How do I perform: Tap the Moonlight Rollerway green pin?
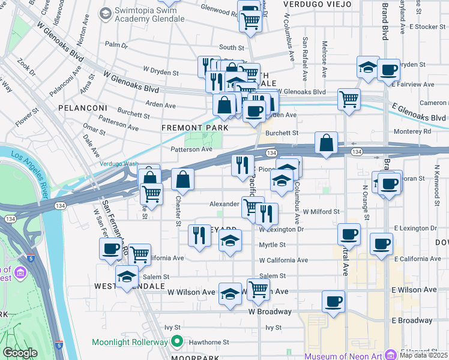pyautogui.click(x=176, y=343)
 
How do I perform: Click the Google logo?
pyautogui.click(x=20, y=352)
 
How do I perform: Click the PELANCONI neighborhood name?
pyautogui.click(x=82, y=108)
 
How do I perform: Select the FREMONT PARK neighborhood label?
pyautogui.click(x=194, y=128)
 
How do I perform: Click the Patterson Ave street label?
pyautogui.click(x=191, y=149)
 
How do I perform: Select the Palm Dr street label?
pyautogui.click(x=116, y=44)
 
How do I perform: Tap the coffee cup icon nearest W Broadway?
pyautogui.click(x=334, y=302)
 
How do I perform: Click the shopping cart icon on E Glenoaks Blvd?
pyautogui.click(x=349, y=98)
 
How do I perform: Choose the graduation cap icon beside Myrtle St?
pyautogui.click(x=229, y=242)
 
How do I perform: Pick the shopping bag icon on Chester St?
pyautogui.click(x=183, y=179)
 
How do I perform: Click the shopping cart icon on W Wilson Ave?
pyautogui.click(x=258, y=289)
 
